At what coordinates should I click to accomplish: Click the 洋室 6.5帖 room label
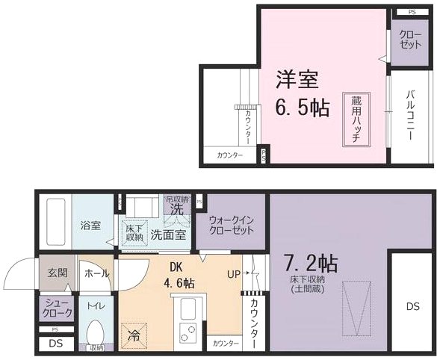302,93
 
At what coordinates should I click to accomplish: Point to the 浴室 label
90,225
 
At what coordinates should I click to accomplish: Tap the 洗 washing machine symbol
176,210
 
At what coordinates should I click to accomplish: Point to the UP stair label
233,274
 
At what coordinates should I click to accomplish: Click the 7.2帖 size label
311,264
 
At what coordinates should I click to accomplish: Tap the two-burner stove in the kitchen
187,329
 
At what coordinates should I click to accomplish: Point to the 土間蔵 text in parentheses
307,289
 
